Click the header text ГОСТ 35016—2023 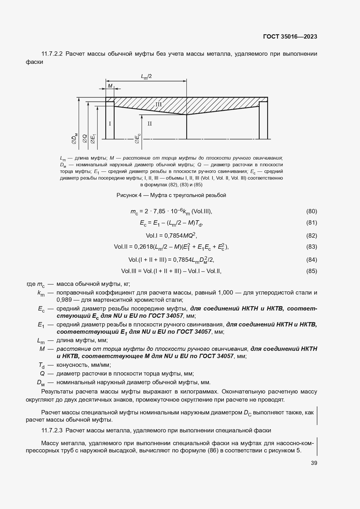(290, 37)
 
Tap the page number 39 (314, 463)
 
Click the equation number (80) (312, 211)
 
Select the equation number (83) (312, 247)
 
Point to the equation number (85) (312, 271)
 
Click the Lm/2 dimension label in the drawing (146, 76)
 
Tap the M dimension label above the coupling (110, 86)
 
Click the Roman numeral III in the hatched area (158, 104)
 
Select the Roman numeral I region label (110, 124)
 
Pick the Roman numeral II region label (150, 124)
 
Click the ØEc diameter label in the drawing (138, 138)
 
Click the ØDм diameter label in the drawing (75, 138)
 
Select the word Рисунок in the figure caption (126, 195)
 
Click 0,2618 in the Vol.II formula (144, 247)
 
